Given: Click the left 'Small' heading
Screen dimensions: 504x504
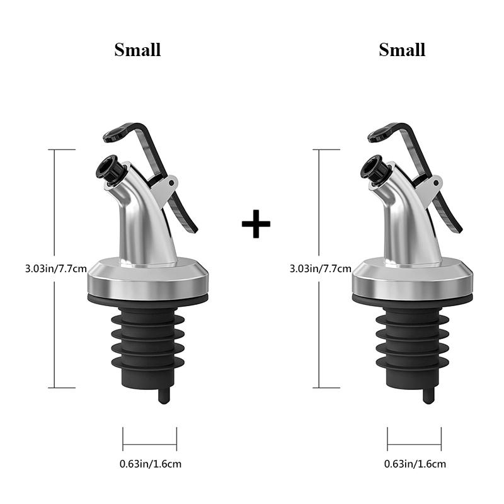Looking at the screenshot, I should point(137,50).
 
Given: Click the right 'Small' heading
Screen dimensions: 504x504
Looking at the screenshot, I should point(402,50).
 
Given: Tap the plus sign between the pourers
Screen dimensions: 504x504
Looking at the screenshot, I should point(256,225).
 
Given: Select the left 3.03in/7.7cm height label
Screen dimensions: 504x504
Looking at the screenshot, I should point(55,269).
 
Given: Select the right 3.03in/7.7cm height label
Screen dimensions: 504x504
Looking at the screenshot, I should point(320,269).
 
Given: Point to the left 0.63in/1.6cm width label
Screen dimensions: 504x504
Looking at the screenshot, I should point(151,464).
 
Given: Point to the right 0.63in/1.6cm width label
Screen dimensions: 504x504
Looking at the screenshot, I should point(415,464).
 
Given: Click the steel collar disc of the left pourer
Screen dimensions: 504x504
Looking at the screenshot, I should point(149,277).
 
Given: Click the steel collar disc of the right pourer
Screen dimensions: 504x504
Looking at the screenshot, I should point(413,277).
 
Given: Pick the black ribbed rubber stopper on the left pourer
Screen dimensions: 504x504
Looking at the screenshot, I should point(149,340).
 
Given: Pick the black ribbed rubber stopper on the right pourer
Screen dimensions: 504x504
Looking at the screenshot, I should point(413,340).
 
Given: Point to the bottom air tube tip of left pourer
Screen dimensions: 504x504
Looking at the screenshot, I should point(164,396).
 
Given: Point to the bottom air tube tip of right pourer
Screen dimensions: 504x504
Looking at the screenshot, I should point(428,396).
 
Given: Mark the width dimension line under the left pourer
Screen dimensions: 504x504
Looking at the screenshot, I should point(150,438).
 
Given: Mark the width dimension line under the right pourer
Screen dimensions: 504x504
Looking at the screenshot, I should point(415,438).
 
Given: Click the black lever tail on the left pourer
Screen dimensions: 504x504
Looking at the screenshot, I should point(186,217).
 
